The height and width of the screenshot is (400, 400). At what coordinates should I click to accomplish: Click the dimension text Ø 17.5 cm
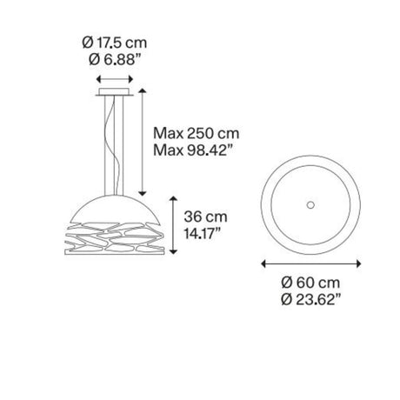tap(115, 43)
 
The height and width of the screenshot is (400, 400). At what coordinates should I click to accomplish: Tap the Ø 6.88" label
tap(115, 60)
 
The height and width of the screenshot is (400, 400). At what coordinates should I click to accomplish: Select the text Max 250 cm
tap(197, 134)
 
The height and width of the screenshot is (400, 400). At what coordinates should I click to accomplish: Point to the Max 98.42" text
tap(193, 150)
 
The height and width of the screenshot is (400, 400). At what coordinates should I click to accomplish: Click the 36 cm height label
tap(205, 217)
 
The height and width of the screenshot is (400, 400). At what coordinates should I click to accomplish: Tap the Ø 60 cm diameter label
tap(310, 283)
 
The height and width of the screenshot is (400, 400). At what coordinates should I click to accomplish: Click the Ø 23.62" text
tap(310, 299)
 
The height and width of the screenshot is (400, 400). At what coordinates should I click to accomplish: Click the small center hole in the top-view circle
tap(310, 205)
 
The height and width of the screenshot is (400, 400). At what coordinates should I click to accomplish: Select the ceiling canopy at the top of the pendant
tap(115, 92)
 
